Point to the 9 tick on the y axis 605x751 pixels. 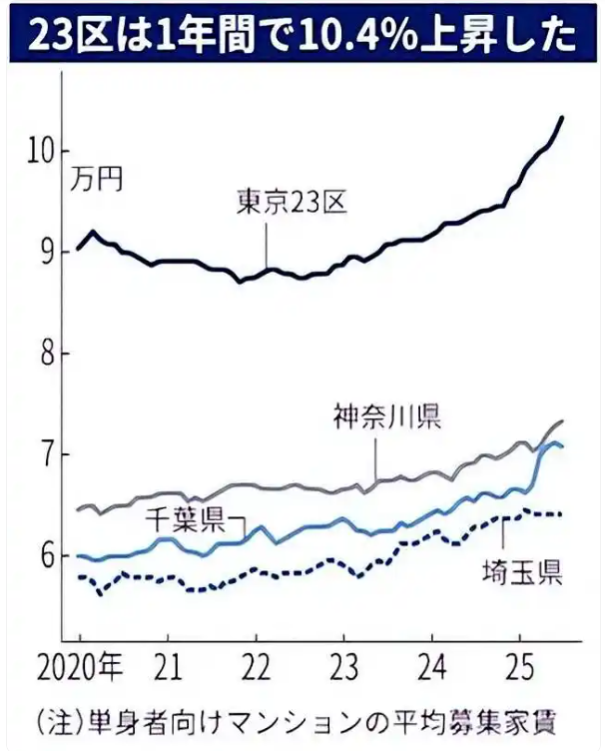click(48, 253)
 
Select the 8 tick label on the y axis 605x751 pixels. click(48, 355)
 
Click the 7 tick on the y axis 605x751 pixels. click(48, 455)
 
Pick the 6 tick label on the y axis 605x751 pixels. click(48, 556)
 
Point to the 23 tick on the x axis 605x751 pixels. click(343, 665)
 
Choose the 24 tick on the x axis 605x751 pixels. click(431, 665)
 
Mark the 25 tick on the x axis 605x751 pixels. click(519, 665)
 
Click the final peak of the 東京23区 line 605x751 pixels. click(562, 118)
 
